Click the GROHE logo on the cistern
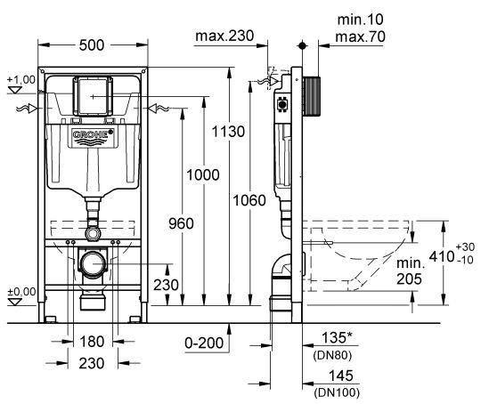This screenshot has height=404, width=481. coord(93,138)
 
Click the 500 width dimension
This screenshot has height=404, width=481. coord(92,45)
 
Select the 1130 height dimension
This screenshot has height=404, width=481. coord(228,132)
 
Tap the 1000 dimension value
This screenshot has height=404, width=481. coord(203,175)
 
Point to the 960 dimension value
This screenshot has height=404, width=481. coord(181,223)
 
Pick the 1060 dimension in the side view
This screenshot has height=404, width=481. coord(249,200)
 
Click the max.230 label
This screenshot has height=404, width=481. coord(224,36)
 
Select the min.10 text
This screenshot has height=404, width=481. coord(361,20)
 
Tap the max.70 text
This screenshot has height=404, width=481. coord(360,36)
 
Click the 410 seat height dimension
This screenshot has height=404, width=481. coord(442,256)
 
